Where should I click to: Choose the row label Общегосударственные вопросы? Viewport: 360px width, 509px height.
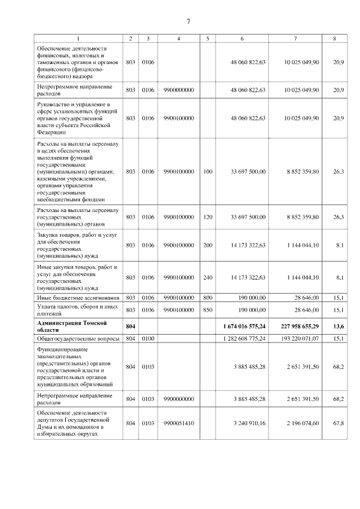tap(78, 339)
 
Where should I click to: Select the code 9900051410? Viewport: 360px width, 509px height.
tap(178, 422)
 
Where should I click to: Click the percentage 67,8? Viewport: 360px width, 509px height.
tap(338, 422)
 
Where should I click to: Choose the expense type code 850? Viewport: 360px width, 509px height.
tap(208, 309)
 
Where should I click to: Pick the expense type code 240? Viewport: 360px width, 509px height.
tap(208, 277)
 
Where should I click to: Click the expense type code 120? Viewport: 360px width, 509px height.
tap(208, 217)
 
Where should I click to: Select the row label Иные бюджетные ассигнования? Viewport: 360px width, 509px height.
tap(78, 297)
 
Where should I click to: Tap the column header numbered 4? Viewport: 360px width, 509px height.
tap(178, 39)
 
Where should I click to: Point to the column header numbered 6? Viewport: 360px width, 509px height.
tap(242, 39)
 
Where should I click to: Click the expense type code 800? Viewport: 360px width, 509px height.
tap(208, 297)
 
